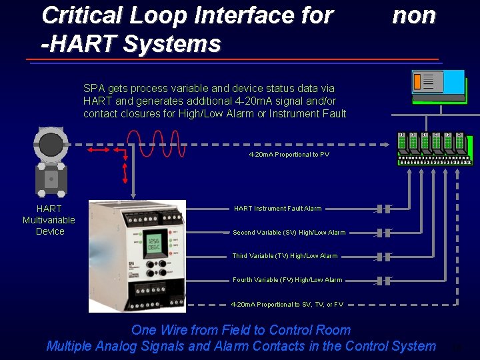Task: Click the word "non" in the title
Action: pos(414,15)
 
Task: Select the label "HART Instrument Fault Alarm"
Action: pos(277,209)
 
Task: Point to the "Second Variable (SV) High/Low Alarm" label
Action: pos(289,233)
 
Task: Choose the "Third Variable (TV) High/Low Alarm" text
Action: pos(285,256)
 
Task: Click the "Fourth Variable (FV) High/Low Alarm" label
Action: pos(287,280)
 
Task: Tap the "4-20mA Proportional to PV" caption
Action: pos(289,155)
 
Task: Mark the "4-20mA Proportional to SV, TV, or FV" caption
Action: pos(287,305)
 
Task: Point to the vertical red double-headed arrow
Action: pos(125,171)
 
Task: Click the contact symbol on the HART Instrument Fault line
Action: pos(383,209)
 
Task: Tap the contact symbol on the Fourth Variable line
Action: pos(383,280)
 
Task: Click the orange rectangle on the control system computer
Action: pos(417,81)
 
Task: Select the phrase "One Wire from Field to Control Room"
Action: pos(241,330)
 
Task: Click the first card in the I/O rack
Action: pos(401,140)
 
